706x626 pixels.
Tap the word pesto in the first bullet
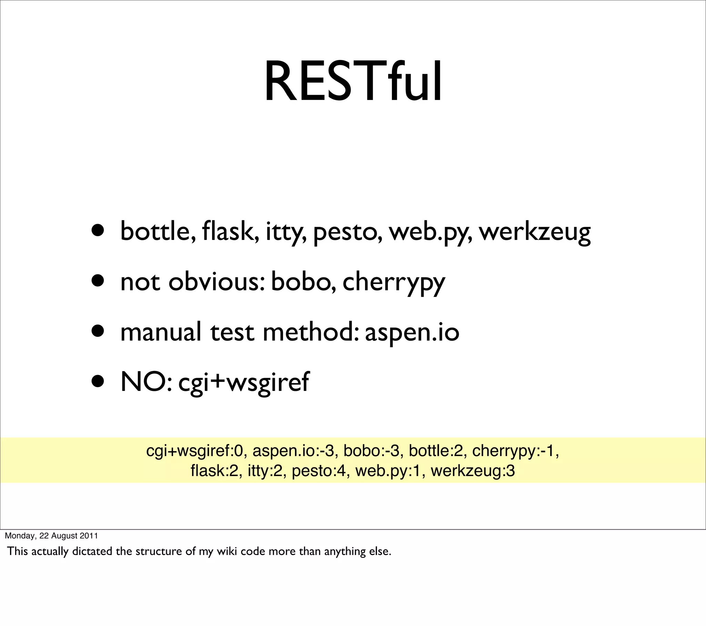click(347, 232)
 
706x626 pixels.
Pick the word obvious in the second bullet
click(216, 282)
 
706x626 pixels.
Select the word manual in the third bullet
click(161, 332)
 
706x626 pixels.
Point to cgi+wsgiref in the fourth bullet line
click(243, 383)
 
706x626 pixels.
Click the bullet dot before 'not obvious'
click(98, 281)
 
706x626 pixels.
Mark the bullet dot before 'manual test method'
click(98, 331)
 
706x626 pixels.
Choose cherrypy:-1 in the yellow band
click(515, 451)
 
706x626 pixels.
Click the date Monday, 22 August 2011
click(51, 535)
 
